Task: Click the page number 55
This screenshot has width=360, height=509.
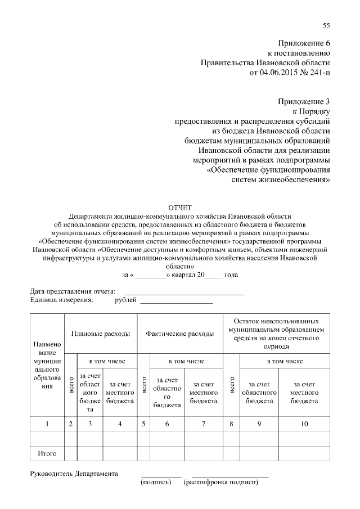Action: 326,26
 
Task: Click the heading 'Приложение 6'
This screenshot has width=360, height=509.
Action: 304,43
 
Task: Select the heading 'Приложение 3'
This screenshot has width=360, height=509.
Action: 304,101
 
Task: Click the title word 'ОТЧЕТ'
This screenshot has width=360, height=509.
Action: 180,208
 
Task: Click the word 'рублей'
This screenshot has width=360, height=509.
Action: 125,300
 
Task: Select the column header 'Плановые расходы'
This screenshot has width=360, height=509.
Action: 101,334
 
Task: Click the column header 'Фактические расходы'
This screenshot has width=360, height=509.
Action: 180,334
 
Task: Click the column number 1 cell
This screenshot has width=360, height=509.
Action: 48,424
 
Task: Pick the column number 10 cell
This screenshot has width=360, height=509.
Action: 304,424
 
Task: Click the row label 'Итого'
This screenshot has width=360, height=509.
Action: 48,453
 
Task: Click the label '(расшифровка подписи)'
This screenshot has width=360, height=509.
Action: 220,483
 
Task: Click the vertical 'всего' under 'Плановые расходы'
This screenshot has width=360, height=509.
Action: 71,388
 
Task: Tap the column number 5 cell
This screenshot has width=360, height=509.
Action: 144,424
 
